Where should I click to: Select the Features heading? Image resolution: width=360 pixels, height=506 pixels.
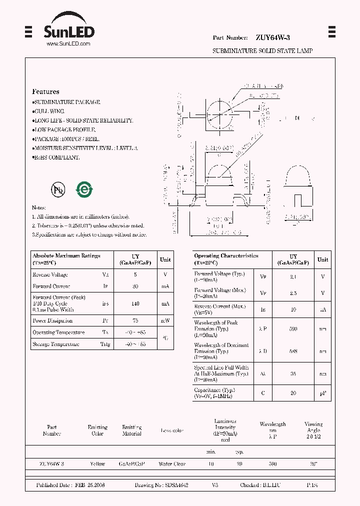pyautogui.click(x=45, y=91)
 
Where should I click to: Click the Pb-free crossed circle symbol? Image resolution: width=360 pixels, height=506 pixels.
pyautogui.click(x=58, y=189)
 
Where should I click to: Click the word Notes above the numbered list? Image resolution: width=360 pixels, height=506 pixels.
pyautogui.click(x=38, y=207)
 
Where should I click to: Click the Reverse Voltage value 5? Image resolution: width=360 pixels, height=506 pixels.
pyautogui.click(x=135, y=274)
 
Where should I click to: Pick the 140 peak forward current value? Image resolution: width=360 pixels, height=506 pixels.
pyautogui.click(x=135, y=303)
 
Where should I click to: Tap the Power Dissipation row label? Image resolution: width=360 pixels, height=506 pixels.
pyautogui.click(x=52, y=320)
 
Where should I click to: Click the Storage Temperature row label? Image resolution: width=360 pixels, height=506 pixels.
pyautogui.click(x=56, y=344)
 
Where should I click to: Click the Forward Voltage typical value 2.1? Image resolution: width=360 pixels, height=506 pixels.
pyautogui.click(x=293, y=276)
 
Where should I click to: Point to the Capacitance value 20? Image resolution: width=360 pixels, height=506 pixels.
pyautogui.click(x=293, y=393)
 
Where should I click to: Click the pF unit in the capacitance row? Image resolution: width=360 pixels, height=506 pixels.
pyautogui.click(x=323, y=393)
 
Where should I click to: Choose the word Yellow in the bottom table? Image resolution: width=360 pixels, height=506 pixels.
pyautogui.click(x=97, y=464)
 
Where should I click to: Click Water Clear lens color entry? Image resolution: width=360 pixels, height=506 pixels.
pyautogui.click(x=172, y=464)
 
